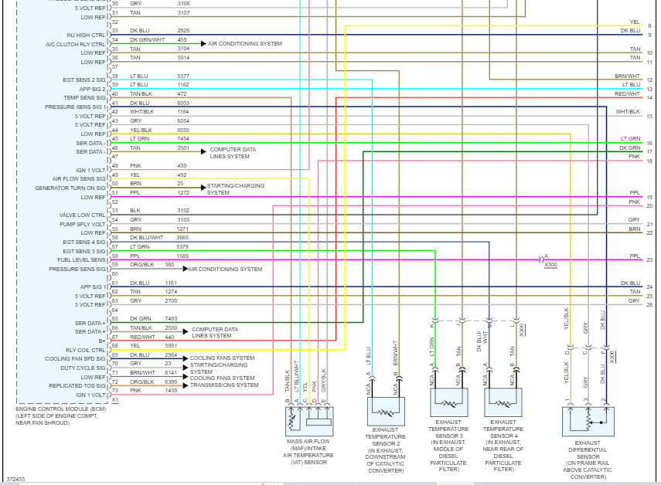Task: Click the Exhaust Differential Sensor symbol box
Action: [x=588, y=422]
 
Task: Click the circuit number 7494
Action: [x=183, y=139]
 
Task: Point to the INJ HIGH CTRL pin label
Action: [x=86, y=35]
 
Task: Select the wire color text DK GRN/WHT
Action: [x=147, y=39]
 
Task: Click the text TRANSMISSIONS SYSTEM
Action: [x=224, y=385]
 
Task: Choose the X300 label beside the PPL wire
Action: [x=550, y=265]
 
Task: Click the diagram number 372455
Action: [x=15, y=479]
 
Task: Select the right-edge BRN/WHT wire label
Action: [x=628, y=76]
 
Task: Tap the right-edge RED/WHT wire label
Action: [x=628, y=93]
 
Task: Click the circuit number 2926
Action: [x=183, y=31]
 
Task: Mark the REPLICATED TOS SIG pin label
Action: [x=77, y=385]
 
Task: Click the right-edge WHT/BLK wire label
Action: [x=628, y=112]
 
